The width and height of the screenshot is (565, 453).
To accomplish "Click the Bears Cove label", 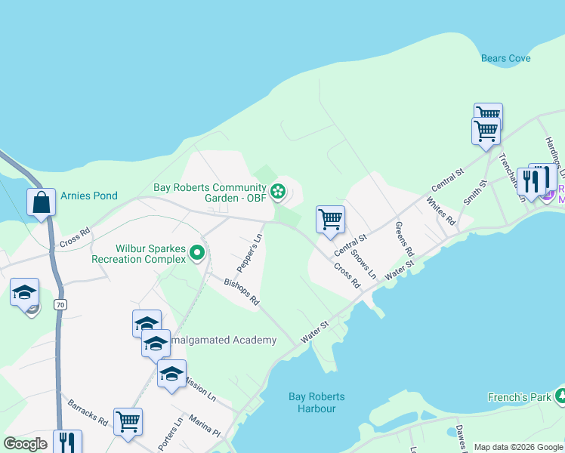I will click(x=505, y=58).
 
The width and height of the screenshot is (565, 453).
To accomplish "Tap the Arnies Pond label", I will click(x=89, y=196).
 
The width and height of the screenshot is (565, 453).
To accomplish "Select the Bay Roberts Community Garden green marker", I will click(x=279, y=191).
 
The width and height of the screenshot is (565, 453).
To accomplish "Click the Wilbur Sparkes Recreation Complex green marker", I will click(x=197, y=252).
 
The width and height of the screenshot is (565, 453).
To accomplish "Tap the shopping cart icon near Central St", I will click(x=331, y=219).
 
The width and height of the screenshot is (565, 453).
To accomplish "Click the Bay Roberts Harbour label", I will click(x=316, y=402).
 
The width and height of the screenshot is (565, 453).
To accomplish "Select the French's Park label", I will click(x=518, y=397).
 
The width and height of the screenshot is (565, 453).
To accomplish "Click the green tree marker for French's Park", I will click(x=560, y=395).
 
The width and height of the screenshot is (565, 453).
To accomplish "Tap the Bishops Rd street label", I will click(x=242, y=291).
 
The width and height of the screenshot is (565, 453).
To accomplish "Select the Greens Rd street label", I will click(x=405, y=240).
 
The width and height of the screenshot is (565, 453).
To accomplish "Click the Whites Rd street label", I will click(x=440, y=211).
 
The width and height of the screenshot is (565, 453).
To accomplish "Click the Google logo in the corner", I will click(x=26, y=444).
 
